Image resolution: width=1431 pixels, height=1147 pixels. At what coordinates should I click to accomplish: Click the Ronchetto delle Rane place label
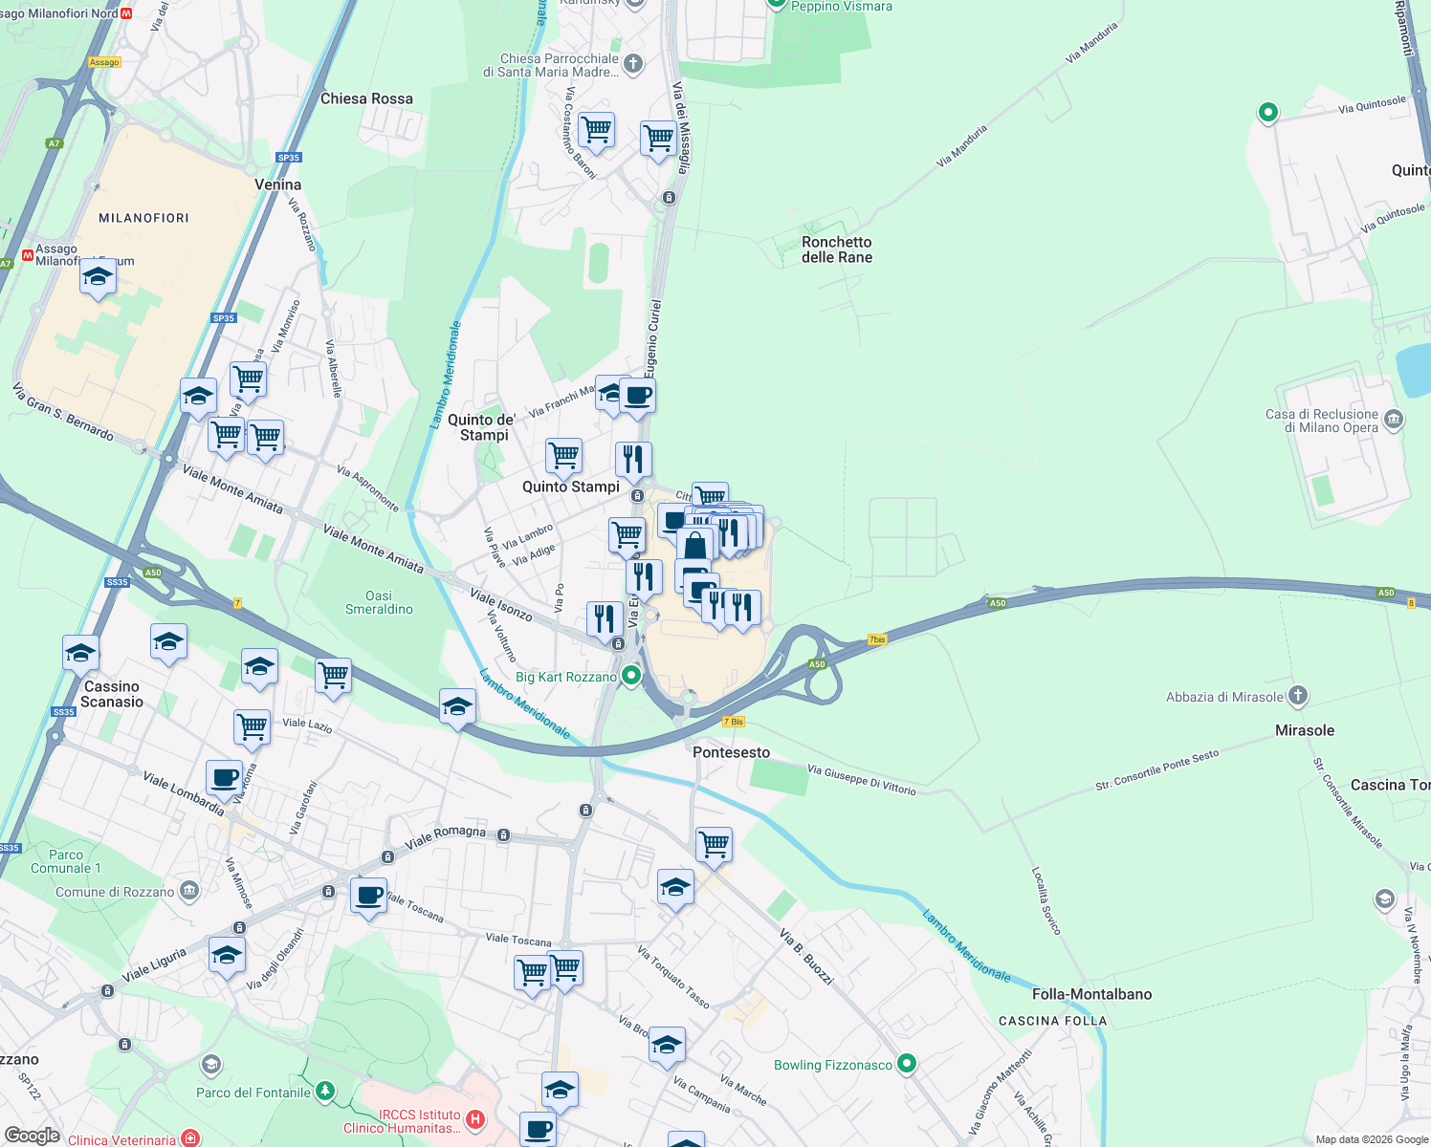click(837, 249)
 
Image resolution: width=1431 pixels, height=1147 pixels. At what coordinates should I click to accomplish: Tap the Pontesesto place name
click(731, 752)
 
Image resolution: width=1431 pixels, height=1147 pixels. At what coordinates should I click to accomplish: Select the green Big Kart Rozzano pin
click(631, 677)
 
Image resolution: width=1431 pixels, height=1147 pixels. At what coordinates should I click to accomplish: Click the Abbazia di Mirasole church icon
click(1298, 696)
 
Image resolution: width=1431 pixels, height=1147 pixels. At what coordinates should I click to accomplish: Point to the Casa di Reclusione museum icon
click(1394, 419)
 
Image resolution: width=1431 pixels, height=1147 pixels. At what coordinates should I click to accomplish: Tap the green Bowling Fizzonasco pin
click(908, 1063)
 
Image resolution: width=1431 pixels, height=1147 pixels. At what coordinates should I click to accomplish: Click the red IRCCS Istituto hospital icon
click(475, 1118)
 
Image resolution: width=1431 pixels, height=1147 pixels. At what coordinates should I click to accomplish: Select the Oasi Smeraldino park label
click(379, 602)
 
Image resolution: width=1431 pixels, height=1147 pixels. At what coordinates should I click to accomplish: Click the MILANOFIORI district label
click(143, 218)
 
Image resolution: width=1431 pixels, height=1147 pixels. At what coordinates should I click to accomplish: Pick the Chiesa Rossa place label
click(366, 98)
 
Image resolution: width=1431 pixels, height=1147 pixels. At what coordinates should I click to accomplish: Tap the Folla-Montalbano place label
click(1091, 994)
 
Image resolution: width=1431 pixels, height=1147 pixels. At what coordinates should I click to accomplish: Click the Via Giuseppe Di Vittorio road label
click(861, 779)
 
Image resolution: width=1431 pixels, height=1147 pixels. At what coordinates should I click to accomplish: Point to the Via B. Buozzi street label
click(805, 955)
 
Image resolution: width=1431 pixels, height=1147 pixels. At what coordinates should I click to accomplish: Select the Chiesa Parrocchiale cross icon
click(632, 64)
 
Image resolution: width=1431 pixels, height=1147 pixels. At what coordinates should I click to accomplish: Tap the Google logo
click(32, 1136)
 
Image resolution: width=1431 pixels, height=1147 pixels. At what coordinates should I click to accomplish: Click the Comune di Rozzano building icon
click(189, 892)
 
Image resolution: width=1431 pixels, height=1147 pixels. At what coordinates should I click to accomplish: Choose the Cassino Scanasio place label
click(112, 694)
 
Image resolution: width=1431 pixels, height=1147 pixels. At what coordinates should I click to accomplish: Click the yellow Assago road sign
click(104, 62)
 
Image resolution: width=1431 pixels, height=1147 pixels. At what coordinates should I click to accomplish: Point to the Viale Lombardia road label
click(183, 793)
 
